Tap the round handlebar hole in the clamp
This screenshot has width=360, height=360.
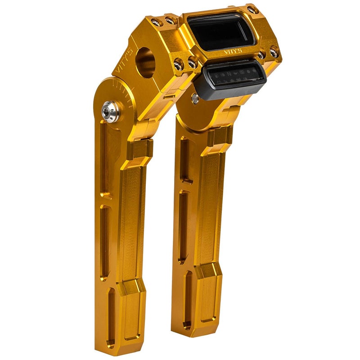click(145, 63)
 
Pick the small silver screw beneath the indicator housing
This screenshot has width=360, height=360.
click(195, 99)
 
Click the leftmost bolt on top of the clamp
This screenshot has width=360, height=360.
click(156, 22)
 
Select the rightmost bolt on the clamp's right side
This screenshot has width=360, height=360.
click(274, 53)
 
